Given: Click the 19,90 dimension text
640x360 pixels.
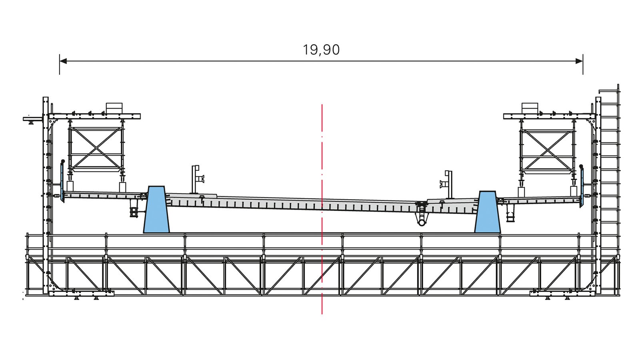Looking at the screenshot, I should (x=321, y=50).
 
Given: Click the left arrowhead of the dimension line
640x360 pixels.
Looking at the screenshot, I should (x=63, y=61).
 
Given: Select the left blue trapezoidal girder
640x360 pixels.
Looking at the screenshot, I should (x=156, y=210).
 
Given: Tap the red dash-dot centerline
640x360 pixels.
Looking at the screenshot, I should (x=322, y=160).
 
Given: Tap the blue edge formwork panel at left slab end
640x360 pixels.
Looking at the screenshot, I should (x=62, y=180).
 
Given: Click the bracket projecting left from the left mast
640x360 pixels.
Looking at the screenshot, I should (x=32, y=119).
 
